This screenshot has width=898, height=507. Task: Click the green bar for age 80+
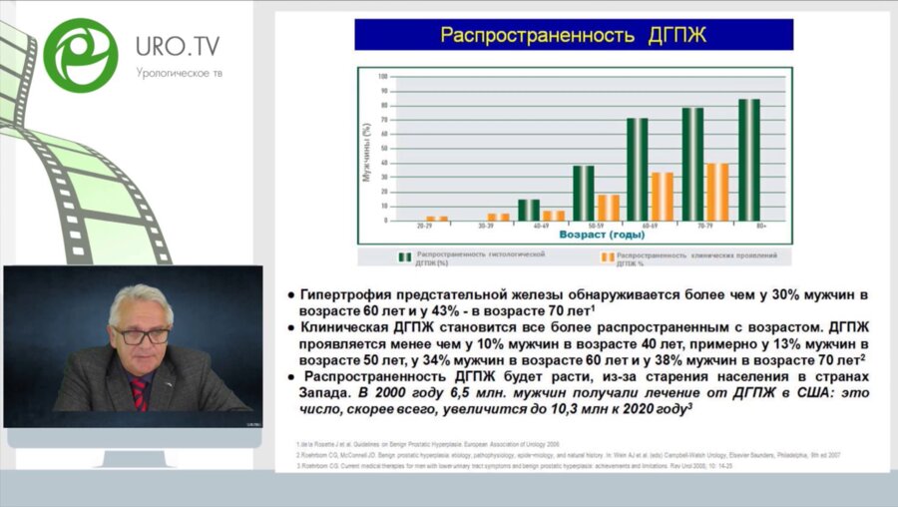click(x=748, y=160)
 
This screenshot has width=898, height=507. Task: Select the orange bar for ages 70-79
click(x=717, y=192)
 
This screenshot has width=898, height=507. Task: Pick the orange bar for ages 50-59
click(x=608, y=208)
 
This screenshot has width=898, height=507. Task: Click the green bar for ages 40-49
click(x=528, y=210)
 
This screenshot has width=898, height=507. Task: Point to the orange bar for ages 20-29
click(x=436, y=218)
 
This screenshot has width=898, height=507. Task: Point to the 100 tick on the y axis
click(x=382, y=77)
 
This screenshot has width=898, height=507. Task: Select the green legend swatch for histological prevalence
click(x=404, y=257)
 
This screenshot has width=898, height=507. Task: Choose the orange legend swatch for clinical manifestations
click(x=606, y=257)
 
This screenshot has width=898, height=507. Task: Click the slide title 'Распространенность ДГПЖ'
click(x=574, y=35)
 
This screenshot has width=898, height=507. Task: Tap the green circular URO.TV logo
click(x=80, y=53)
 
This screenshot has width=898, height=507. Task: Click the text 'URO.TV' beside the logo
click(x=178, y=46)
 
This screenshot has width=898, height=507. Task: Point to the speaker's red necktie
click(x=139, y=393)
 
